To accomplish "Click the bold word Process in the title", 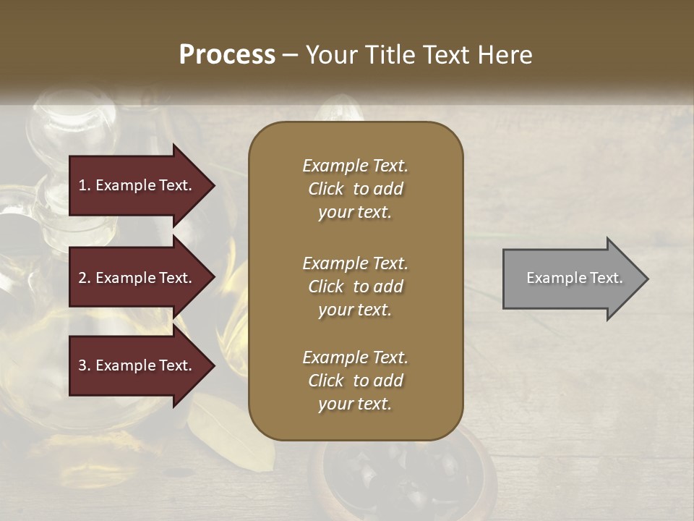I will pos(227,55).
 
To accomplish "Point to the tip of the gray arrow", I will pos(646,279).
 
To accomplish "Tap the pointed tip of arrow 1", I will pos(213,185).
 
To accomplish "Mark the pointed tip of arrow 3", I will pos(213,365).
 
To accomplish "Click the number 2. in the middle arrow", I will pos(85,278).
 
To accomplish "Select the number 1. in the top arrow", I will pos(85,185).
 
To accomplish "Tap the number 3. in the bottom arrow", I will pos(85,365).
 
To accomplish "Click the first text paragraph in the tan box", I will pos(355,189).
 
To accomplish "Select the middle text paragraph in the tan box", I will pos(355,287).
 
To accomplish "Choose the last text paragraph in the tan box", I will pos(355,381).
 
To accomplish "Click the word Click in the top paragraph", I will pos(326,189).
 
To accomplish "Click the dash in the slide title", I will pos(291,55).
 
